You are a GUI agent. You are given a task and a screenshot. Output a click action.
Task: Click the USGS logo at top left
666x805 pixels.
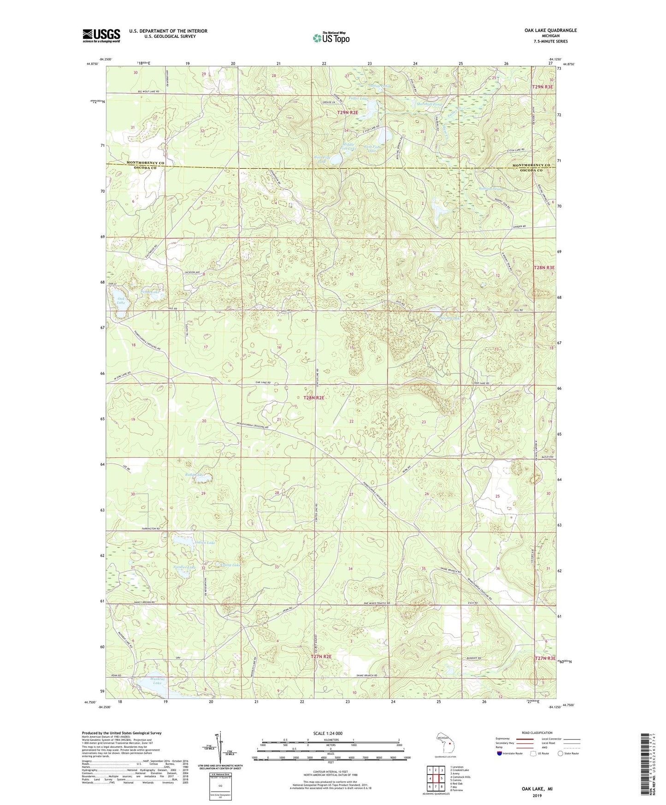click(101, 36)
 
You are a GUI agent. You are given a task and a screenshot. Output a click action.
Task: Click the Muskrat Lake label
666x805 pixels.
click(158, 681)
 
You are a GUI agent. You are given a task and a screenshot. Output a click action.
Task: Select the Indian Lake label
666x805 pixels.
click(205, 543)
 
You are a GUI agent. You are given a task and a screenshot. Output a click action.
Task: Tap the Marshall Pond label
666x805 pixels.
click(429, 105)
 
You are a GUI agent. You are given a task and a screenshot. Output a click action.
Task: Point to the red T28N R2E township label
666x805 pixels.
click(313, 397)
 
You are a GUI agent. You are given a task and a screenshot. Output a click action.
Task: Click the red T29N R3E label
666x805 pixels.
click(542, 87)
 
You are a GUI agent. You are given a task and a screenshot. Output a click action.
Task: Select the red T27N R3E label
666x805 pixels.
click(545, 658)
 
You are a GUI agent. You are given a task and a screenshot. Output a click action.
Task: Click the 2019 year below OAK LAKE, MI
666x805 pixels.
click(537, 795)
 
